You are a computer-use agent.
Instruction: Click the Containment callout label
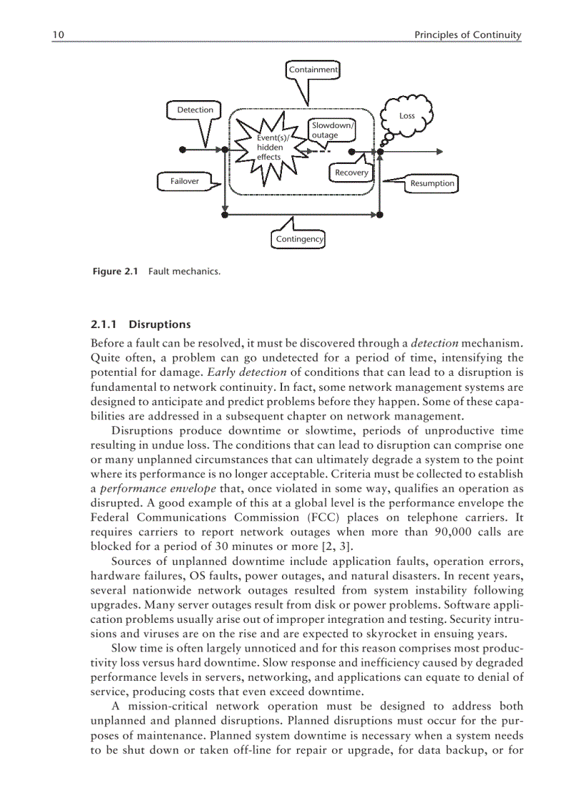pos(313,69)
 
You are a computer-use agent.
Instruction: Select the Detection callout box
pos(195,110)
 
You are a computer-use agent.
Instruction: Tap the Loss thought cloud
pos(407,115)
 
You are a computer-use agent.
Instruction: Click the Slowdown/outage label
pos(331,130)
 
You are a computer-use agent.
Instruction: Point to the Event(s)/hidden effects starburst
pos(271,148)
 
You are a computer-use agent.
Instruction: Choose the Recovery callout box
pos(351,173)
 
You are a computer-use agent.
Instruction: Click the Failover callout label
pos(185,181)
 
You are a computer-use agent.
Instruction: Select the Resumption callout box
pos(432,183)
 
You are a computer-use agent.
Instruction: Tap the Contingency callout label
pos(299,238)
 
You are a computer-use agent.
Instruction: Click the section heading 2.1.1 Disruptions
pos(140,324)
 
